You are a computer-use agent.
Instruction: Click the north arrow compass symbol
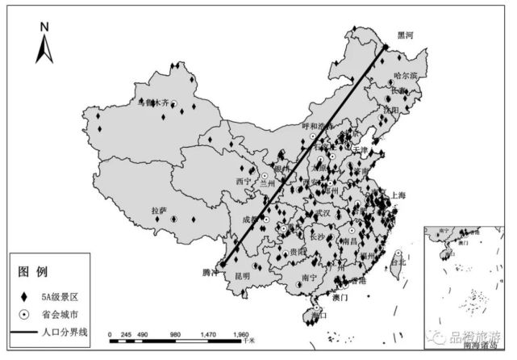45,44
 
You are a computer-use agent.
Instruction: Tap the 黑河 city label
403,36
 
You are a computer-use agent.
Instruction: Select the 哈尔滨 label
405,76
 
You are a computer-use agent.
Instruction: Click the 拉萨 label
159,211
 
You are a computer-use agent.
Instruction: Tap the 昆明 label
242,277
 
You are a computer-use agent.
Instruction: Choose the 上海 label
398,195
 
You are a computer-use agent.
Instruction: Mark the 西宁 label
244,181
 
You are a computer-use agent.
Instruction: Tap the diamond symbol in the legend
25,293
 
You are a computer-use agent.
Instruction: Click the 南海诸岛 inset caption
482,346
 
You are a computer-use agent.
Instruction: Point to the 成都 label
252,218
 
